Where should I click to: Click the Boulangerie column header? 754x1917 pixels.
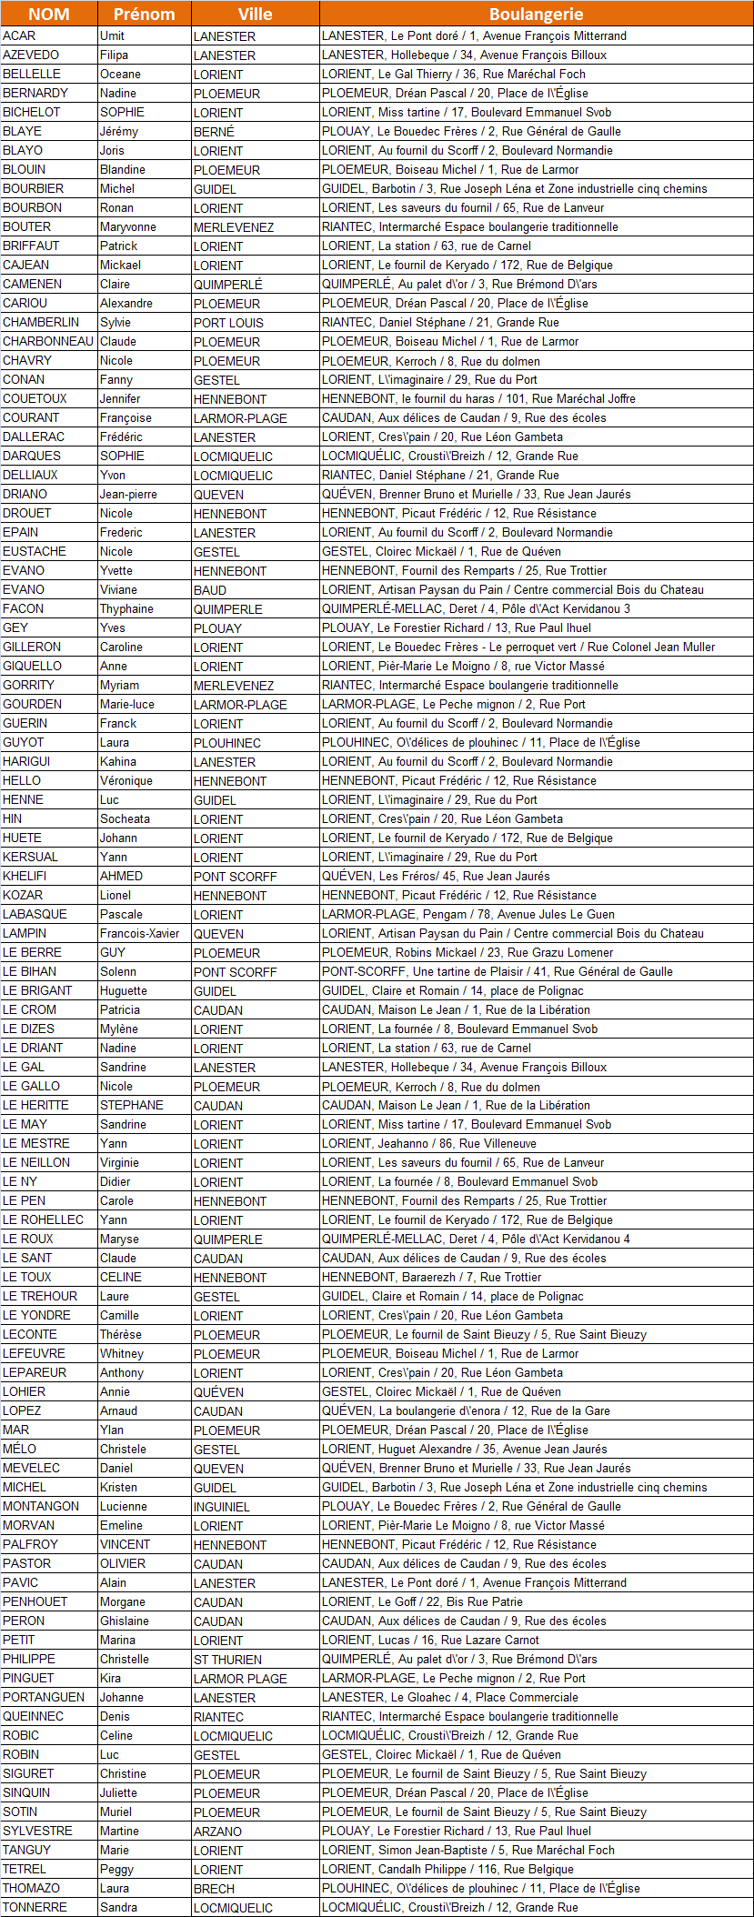click(x=536, y=14)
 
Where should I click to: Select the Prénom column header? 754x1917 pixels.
click(x=144, y=14)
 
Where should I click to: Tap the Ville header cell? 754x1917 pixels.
click(x=255, y=14)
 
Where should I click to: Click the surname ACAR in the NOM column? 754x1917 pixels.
click(x=19, y=35)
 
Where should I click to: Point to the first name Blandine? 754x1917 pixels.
click(x=123, y=169)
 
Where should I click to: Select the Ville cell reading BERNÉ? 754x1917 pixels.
click(x=214, y=132)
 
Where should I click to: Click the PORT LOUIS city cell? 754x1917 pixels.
click(x=228, y=323)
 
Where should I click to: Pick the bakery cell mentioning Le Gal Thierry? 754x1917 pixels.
click(x=453, y=74)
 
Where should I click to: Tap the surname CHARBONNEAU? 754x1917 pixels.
click(x=48, y=341)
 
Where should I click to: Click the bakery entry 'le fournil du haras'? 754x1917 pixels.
click(x=478, y=398)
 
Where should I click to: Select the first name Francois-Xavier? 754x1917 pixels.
click(x=139, y=933)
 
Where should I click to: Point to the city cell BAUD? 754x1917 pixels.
click(x=210, y=590)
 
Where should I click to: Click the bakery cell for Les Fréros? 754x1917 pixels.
click(x=436, y=876)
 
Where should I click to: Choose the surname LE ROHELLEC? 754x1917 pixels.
click(x=43, y=1219)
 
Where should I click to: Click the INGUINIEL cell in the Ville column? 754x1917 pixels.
click(x=221, y=1507)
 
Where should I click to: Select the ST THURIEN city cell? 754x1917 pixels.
click(x=227, y=1660)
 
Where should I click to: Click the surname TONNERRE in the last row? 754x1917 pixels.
click(x=35, y=1907)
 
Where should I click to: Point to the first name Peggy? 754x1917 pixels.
click(x=116, y=1869)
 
